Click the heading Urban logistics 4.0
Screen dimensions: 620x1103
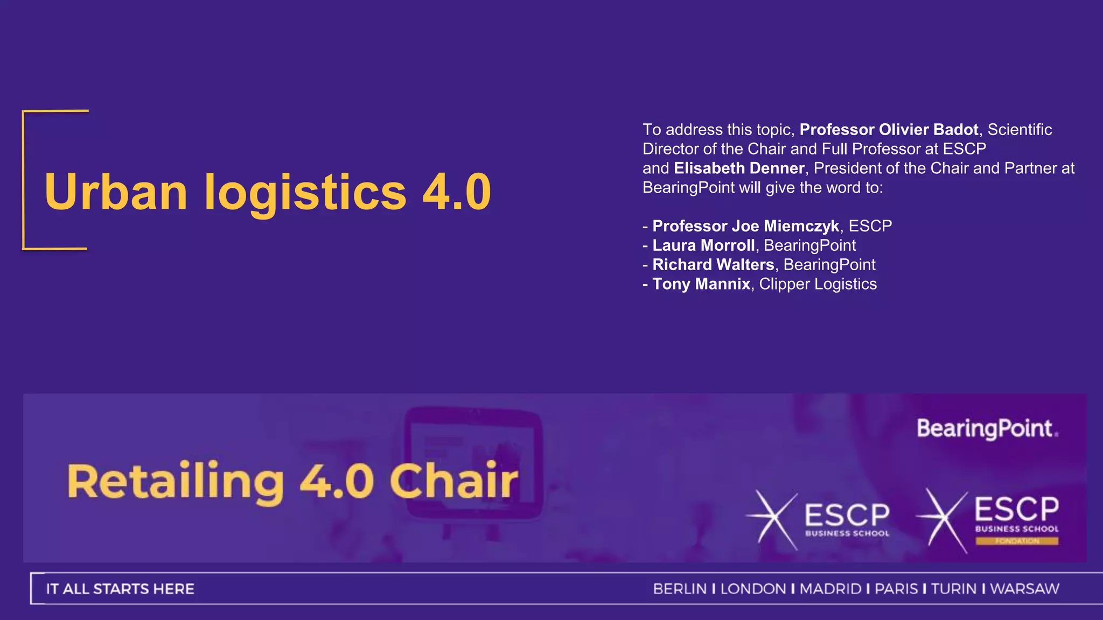pyautogui.click(x=268, y=192)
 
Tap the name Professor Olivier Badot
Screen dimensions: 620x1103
pyautogui.click(x=889, y=130)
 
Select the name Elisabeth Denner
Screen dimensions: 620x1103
pyautogui.click(x=739, y=168)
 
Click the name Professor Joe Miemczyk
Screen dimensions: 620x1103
pyautogui.click(x=745, y=226)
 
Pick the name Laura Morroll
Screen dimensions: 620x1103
pyautogui.click(x=703, y=245)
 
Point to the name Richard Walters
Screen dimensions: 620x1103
pyautogui.click(x=713, y=265)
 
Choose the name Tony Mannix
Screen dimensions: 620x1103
pyautogui.click(x=701, y=284)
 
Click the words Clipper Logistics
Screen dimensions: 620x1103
pyautogui.click(x=818, y=284)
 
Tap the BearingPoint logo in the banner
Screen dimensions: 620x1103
pyautogui.click(x=987, y=429)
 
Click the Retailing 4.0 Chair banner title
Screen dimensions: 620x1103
pyautogui.click(x=292, y=481)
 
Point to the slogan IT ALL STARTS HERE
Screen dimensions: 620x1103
pyautogui.click(x=120, y=589)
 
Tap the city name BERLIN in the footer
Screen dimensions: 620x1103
pyautogui.click(x=680, y=589)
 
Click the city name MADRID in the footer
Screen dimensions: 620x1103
pyautogui.click(x=830, y=589)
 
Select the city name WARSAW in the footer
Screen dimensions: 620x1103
pyautogui.click(x=1024, y=589)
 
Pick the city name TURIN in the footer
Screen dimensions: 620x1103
pyautogui.click(x=953, y=589)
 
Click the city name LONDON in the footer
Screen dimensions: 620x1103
pyautogui.click(x=753, y=589)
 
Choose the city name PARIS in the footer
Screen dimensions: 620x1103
pyautogui.click(x=896, y=589)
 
